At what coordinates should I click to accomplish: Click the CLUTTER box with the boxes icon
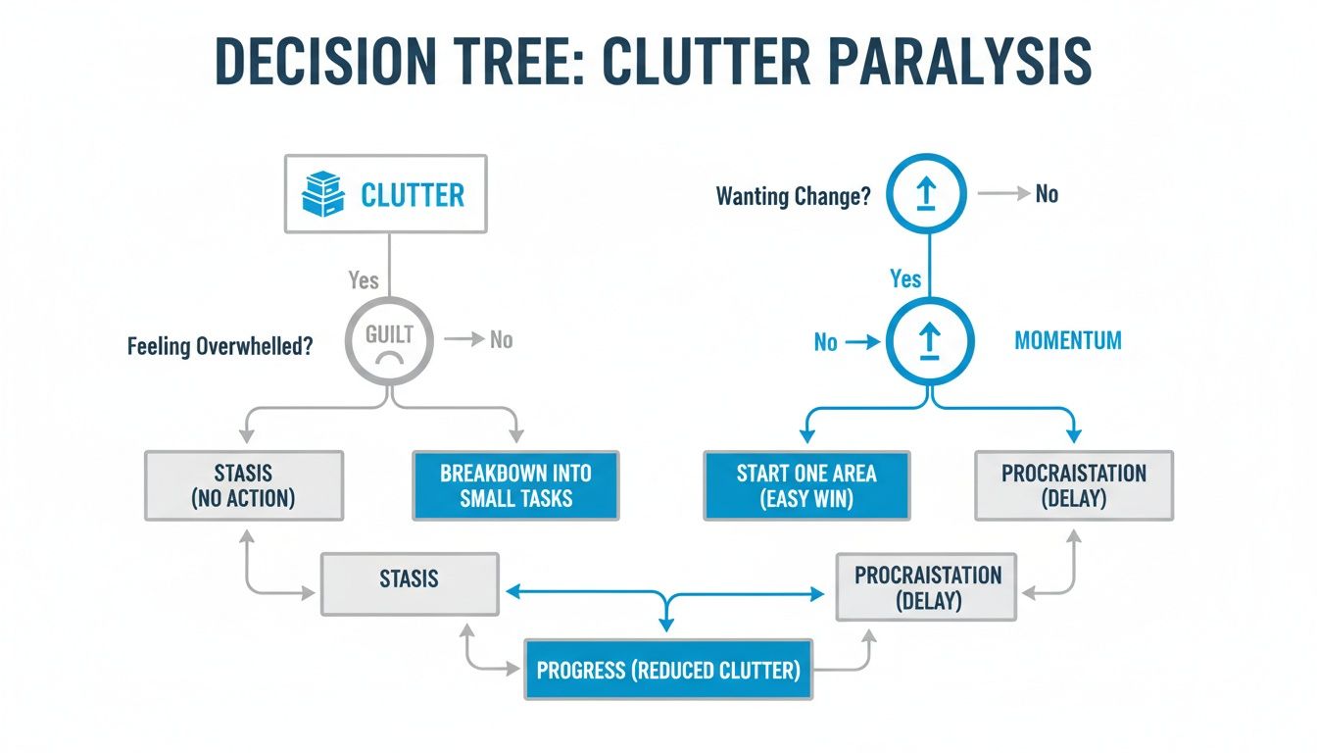385,194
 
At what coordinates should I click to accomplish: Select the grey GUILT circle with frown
390,342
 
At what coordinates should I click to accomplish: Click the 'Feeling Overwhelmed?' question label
220,346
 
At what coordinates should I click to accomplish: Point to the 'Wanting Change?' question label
794,196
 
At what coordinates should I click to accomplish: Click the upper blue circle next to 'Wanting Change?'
926,194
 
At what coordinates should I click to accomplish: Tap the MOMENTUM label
1068,341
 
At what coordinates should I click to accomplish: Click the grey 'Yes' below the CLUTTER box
364,280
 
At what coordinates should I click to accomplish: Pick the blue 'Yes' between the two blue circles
905,278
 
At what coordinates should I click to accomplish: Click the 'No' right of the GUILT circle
501,340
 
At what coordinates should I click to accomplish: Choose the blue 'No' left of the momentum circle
826,342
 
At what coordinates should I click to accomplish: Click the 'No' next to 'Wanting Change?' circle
1047,194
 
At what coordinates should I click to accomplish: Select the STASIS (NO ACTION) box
244,485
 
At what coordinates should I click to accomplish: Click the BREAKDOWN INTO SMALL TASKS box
515,485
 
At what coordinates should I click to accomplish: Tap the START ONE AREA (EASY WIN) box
806,485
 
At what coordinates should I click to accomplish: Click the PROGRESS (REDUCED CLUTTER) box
668,671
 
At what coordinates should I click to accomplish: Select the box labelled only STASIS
410,584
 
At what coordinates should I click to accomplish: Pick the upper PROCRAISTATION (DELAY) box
1074,485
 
